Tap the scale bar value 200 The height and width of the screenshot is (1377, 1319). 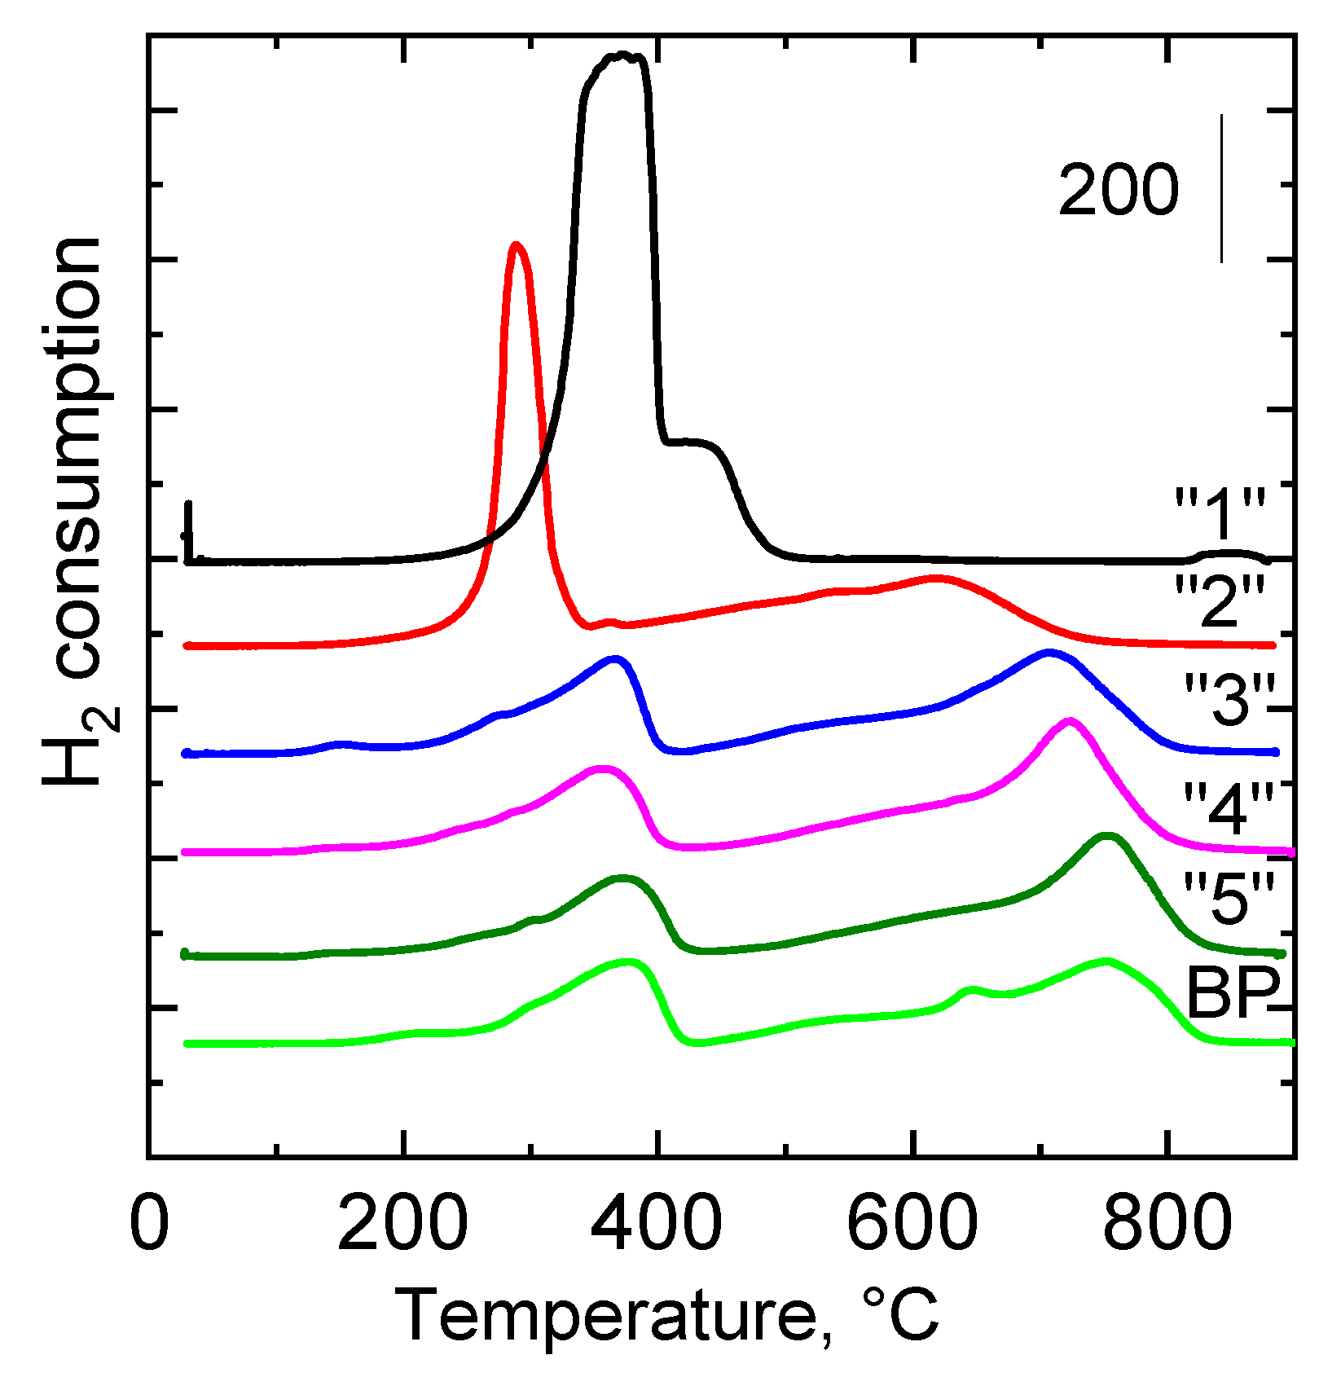click(1118, 191)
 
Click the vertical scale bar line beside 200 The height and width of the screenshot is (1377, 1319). click(1221, 189)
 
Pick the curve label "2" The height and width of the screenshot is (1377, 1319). click(1220, 601)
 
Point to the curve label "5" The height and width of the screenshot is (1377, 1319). click(1228, 898)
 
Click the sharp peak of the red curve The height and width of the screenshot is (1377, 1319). click(515, 245)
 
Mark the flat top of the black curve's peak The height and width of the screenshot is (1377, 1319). click(621, 56)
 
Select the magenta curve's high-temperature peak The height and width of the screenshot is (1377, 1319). click(1070, 721)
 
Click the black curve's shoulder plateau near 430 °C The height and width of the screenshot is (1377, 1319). click(688, 442)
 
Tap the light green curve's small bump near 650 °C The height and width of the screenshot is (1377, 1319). click(970, 990)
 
